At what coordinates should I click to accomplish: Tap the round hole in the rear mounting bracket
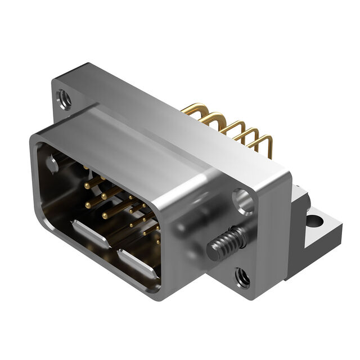[313, 220]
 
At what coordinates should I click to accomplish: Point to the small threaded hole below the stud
[243, 277]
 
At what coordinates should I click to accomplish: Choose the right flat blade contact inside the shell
[138, 264]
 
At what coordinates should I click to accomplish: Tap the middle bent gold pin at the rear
[231, 125]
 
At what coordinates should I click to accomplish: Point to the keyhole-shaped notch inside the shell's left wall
[52, 164]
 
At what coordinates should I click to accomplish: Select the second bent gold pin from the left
[214, 116]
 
